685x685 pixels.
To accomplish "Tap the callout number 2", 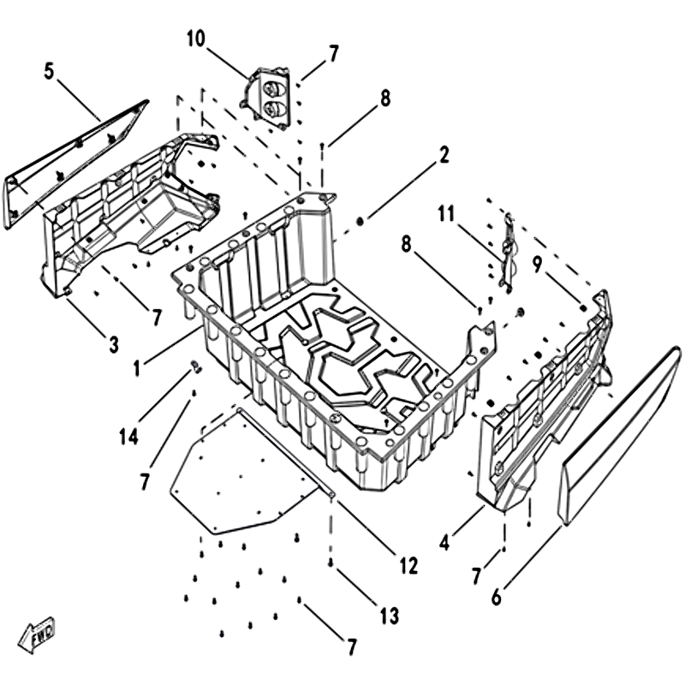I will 444,155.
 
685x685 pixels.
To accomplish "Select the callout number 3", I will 113,345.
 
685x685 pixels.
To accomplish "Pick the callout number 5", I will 49,70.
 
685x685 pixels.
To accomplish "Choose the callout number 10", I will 194,39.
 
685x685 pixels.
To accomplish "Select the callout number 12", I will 408,565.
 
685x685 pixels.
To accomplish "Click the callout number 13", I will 390,615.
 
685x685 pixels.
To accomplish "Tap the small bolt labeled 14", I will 195,368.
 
